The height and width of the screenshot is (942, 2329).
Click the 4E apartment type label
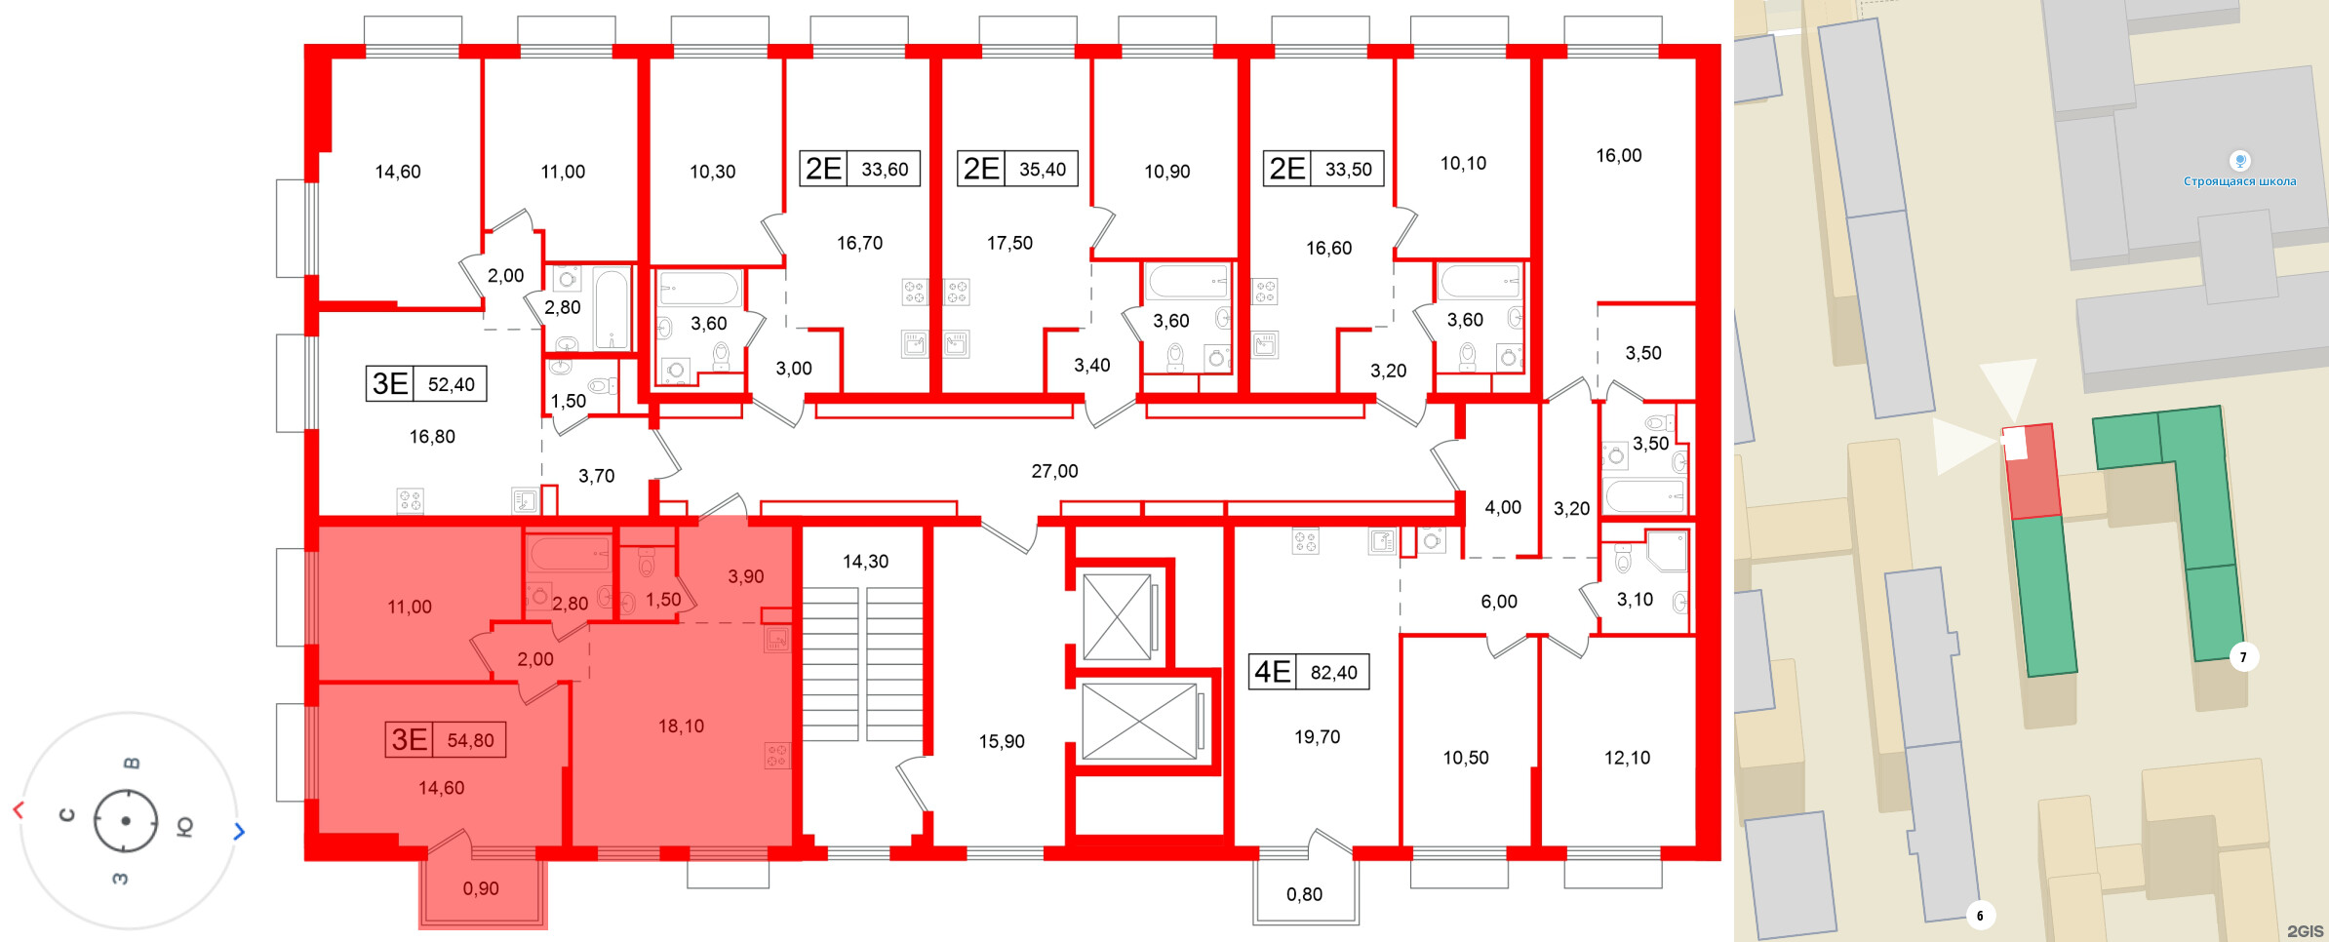pyautogui.click(x=1273, y=672)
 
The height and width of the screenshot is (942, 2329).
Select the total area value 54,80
pyautogui.click(x=470, y=740)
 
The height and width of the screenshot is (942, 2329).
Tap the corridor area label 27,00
pyautogui.click(x=1054, y=471)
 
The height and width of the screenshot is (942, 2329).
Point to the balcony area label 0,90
pyautogui.click(x=481, y=888)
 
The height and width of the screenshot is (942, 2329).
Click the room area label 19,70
pyautogui.click(x=1317, y=737)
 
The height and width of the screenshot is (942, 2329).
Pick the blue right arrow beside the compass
pyautogui.click(x=239, y=831)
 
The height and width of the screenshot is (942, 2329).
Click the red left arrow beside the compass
pyautogui.click(x=18, y=810)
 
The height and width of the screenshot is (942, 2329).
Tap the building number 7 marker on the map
pyautogui.click(x=2242, y=657)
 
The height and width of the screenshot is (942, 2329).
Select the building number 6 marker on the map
pyautogui.click(x=1979, y=916)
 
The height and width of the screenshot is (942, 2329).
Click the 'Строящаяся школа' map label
pyautogui.click(x=2239, y=181)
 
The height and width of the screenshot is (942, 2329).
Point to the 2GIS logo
pyautogui.click(x=2305, y=931)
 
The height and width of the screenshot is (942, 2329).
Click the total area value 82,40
pyautogui.click(x=1333, y=672)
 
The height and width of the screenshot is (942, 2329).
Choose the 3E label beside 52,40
pyautogui.click(x=390, y=384)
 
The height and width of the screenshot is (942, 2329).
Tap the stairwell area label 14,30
pyautogui.click(x=865, y=562)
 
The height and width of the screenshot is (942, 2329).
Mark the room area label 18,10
pyautogui.click(x=681, y=726)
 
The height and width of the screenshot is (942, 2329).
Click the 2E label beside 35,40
pyautogui.click(x=981, y=169)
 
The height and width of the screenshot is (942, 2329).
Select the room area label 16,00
pyautogui.click(x=1618, y=156)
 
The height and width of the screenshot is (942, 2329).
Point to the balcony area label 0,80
pyautogui.click(x=1304, y=894)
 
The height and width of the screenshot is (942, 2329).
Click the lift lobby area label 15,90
pyautogui.click(x=1002, y=741)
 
